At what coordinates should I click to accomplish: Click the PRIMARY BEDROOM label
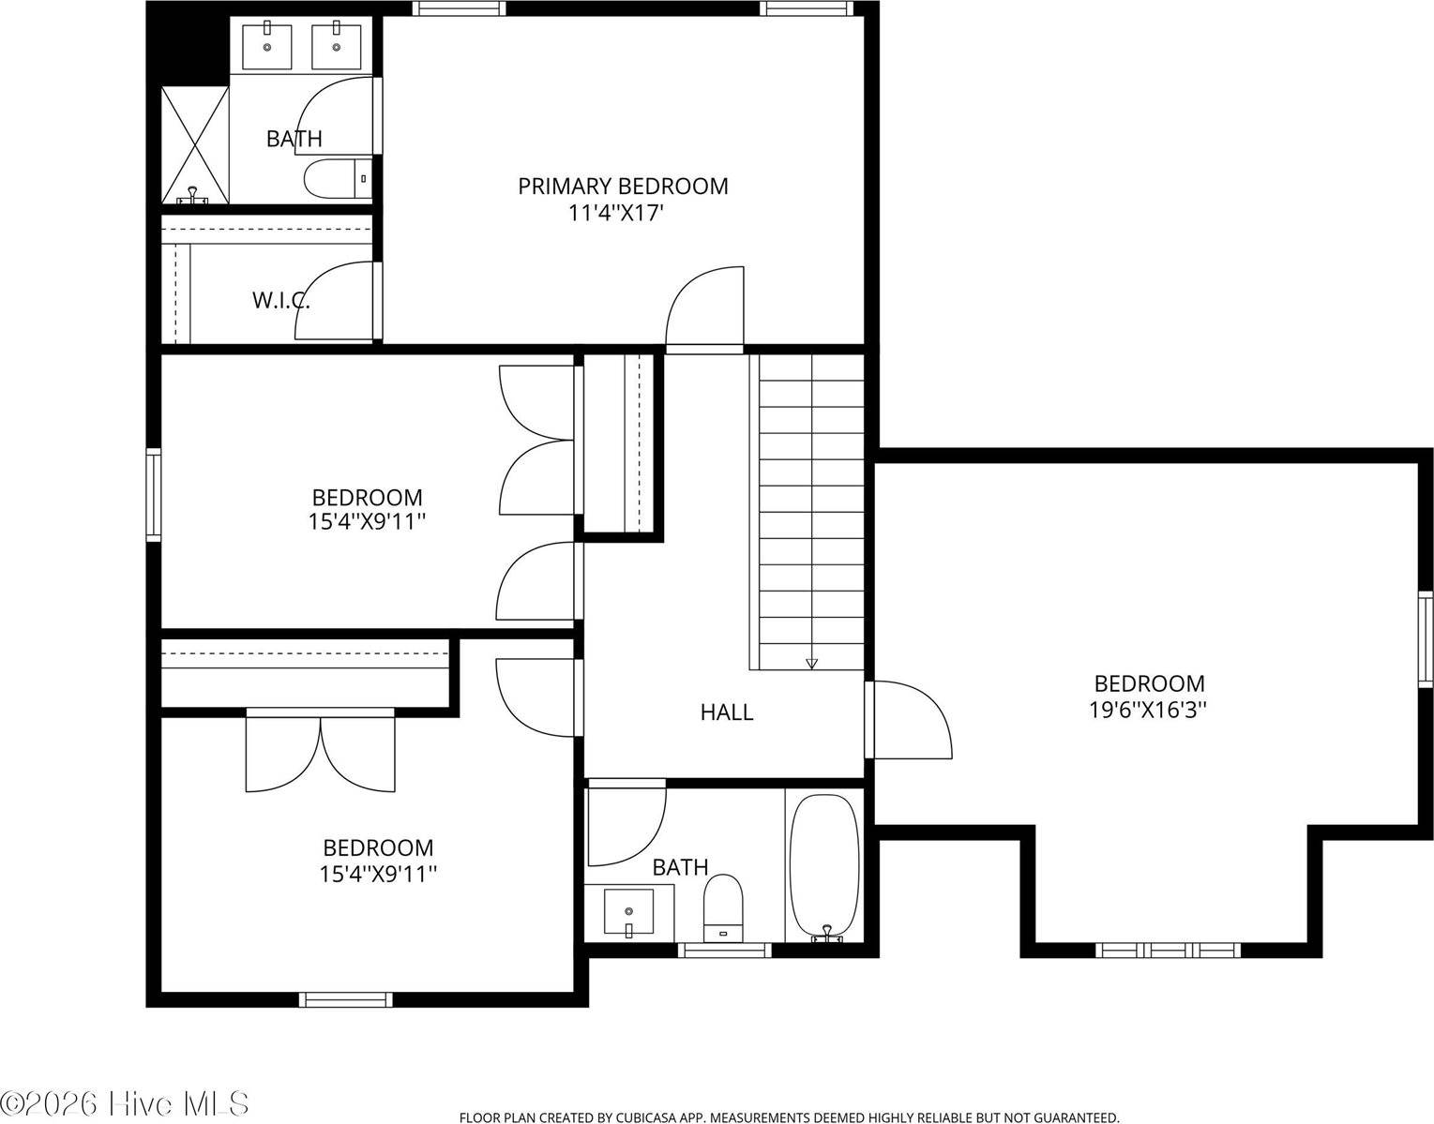coord(623,187)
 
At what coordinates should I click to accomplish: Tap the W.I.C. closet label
coord(280,301)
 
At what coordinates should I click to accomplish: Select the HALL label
coord(727,712)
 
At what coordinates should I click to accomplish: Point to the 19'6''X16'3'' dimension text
coord(1149,711)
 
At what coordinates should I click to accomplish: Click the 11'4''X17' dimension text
coord(615,214)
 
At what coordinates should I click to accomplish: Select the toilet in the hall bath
coord(722,908)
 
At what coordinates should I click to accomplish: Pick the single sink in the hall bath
coord(629,913)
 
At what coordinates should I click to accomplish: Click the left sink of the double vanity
coord(267,46)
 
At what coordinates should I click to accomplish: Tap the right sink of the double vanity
coord(337,46)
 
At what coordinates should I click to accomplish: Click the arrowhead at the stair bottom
coord(811,664)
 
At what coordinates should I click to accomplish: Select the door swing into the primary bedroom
coord(704,306)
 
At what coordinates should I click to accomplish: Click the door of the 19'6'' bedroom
coord(912,720)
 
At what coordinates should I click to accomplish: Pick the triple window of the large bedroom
coord(1168,951)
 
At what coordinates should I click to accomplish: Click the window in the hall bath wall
coord(725,951)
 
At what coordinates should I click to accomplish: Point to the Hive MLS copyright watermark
coord(124,1102)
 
